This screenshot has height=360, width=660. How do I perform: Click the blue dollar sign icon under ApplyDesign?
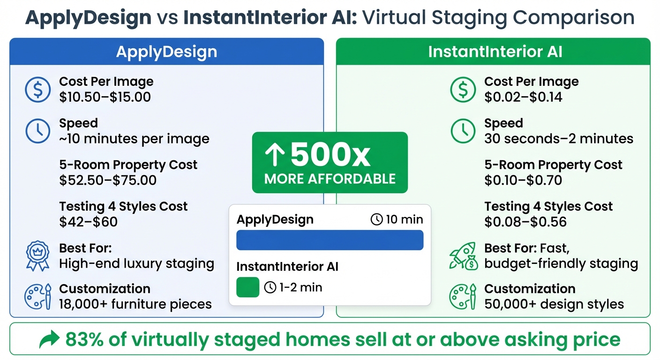point(37,90)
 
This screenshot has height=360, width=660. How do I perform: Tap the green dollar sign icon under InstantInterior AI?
point(463,90)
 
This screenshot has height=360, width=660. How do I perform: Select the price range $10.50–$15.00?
point(105,97)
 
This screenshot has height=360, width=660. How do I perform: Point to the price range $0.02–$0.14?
point(523,97)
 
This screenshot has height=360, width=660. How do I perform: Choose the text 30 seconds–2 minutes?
point(559,139)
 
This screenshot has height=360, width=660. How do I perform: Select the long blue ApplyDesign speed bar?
point(330,240)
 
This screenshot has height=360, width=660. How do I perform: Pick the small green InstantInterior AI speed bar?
point(247,287)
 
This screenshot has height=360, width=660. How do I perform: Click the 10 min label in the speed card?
point(397,219)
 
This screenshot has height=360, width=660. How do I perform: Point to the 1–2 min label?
point(293,287)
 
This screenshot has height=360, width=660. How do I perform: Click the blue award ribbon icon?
point(37,256)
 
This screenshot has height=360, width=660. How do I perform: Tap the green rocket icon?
point(463,256)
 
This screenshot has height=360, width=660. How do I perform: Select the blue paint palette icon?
point(37,296)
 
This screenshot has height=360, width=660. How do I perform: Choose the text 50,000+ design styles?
point(554,304)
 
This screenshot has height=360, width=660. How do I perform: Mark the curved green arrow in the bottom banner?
point(50,339)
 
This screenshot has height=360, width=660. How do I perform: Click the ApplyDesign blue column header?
point(166,52)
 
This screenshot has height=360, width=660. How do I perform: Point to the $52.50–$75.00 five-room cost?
point(108,180)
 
